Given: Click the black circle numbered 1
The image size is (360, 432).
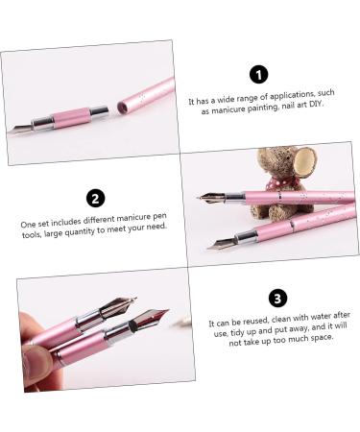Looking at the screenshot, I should click(257, 75).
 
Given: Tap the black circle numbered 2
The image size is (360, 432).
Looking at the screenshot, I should click(94, 199).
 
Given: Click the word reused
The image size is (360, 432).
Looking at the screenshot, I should click(251, 326).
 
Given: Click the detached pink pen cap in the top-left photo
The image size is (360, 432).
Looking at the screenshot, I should click(146, 96).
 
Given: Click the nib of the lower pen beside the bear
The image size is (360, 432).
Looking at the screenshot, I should click(222, 242).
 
